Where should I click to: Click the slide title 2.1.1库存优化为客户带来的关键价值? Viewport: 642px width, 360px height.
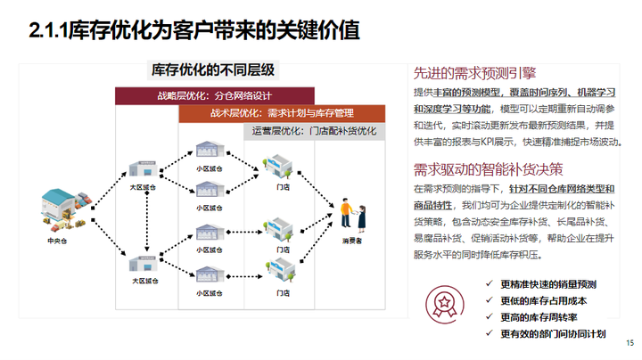pos(194,31)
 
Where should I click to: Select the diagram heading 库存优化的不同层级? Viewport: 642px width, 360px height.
pos(214,69)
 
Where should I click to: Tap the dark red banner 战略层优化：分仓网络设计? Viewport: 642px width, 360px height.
pos(215,95)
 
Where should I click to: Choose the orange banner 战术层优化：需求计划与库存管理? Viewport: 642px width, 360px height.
pos(282,113)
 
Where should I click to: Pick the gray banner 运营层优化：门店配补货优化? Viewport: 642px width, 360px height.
pos(314,131)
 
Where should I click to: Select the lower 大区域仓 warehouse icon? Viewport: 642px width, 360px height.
pos(144,265)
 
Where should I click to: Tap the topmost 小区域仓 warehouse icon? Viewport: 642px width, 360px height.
pos(208,150)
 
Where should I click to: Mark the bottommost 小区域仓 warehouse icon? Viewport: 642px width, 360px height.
pos(208,274)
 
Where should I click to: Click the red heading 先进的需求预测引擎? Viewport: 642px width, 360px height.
pos(474,73)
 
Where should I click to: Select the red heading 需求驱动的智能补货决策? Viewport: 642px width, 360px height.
pos(489,169)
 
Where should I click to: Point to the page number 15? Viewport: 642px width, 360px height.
pos(630,344)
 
